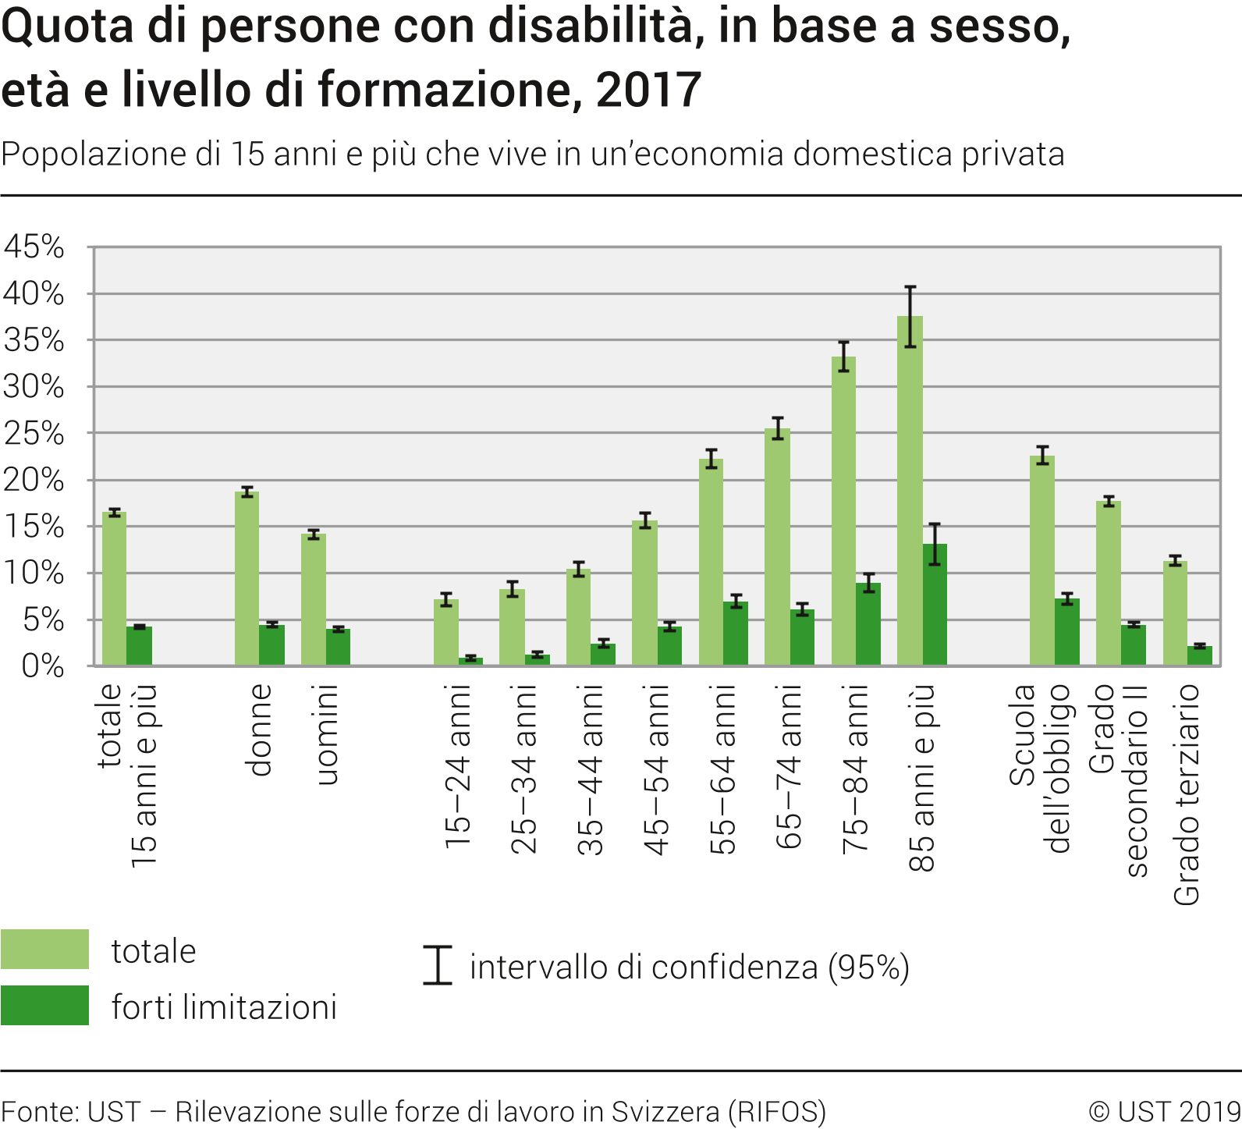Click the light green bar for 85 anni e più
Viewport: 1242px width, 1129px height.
coord(910,492)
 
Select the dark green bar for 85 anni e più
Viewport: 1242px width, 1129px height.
coord(935,605)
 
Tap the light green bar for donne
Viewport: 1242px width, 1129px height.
coord(247,578)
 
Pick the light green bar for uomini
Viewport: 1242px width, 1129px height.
coord(313,599)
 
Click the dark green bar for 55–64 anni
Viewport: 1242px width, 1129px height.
coord(735,634)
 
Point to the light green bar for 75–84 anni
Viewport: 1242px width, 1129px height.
coord(843,511)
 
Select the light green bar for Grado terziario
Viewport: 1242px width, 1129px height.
coord(1175,613)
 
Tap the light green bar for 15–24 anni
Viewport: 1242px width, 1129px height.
coord(445,632)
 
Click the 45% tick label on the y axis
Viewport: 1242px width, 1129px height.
coord(34,247)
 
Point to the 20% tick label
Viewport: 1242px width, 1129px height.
coord(34,480)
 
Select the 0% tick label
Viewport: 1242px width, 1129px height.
coord(43,666)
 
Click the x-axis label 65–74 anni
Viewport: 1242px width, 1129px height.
coord(790,767)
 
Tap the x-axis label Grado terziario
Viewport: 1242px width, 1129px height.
coord(1187,794)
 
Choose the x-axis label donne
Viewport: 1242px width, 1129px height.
coord(260,730)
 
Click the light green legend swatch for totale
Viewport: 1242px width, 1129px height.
coord(45,950)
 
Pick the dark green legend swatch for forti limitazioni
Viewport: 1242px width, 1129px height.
coord(45,1006)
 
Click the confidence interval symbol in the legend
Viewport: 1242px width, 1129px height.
coord(438,966)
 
